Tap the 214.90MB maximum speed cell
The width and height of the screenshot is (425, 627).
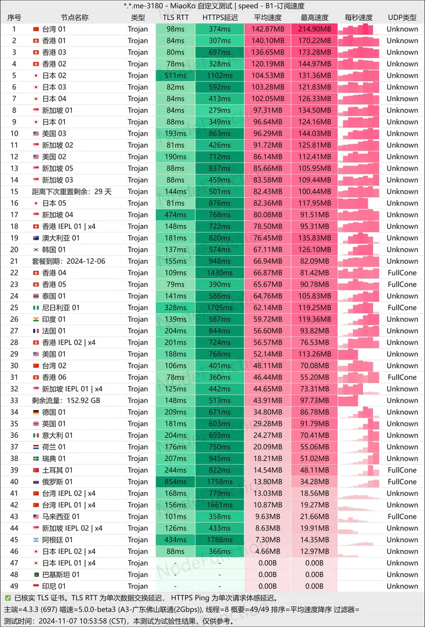pos(314,29)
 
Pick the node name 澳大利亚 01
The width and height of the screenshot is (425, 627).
pos(61,238)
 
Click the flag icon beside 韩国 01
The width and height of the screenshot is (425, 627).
pos(36,249)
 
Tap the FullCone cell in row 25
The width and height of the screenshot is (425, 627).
pos(402,307)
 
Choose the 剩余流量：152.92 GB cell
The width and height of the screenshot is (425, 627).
pos(66,401)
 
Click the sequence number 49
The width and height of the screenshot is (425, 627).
pos(14,586)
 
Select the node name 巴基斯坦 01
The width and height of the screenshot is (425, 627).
pos(61,575)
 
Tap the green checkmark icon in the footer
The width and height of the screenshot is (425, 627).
pos(7,598)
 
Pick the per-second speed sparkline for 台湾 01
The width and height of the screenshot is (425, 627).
pos(359,29)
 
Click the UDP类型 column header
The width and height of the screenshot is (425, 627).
pos(402,17)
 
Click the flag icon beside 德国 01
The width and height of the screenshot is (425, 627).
pos(36,412)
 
